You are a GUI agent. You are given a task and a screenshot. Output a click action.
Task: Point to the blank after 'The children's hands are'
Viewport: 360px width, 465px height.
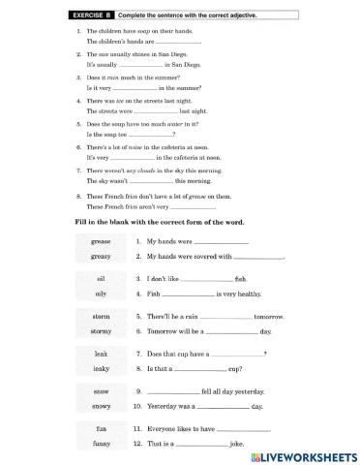point(176,44)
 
